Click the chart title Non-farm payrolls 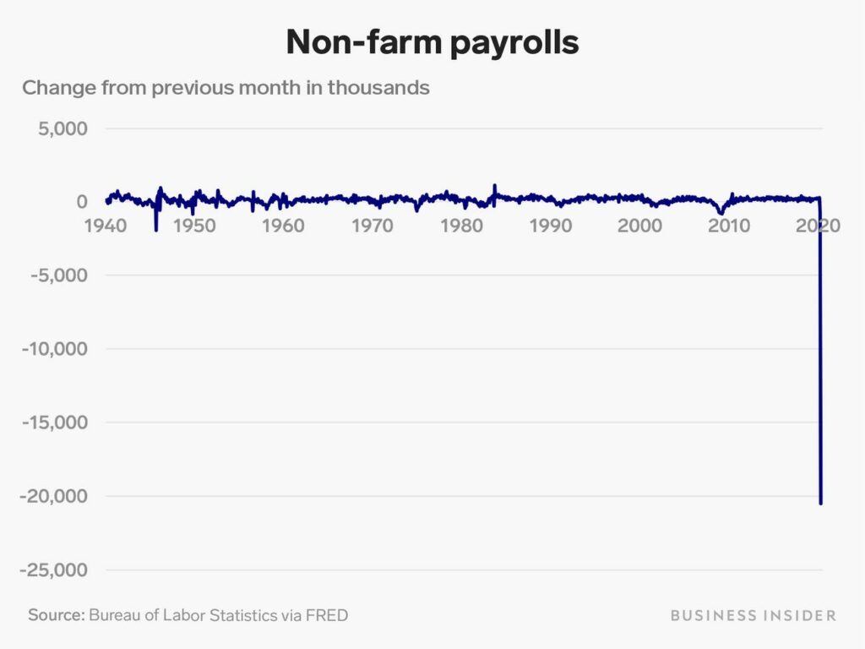point(432,42)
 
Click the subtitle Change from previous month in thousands point(226,88)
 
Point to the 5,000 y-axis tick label point(63,128)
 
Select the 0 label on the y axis point(82,202)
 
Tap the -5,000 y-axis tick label point(59,275)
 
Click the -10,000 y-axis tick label point(55,349)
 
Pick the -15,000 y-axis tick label point(55,423)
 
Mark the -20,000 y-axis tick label point(53,495)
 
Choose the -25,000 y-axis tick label point(53,570)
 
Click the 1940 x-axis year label point(106,225)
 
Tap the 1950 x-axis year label point(194,225)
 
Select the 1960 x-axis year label point(283,225)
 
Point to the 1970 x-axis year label point(373,225)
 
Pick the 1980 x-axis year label point(461,225)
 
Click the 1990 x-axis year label point(551,225)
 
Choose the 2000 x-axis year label point(639,225)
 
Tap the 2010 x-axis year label point(729,225)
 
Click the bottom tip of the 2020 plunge point(821,504)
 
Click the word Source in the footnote point(57,615)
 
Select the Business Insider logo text point(753,615)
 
